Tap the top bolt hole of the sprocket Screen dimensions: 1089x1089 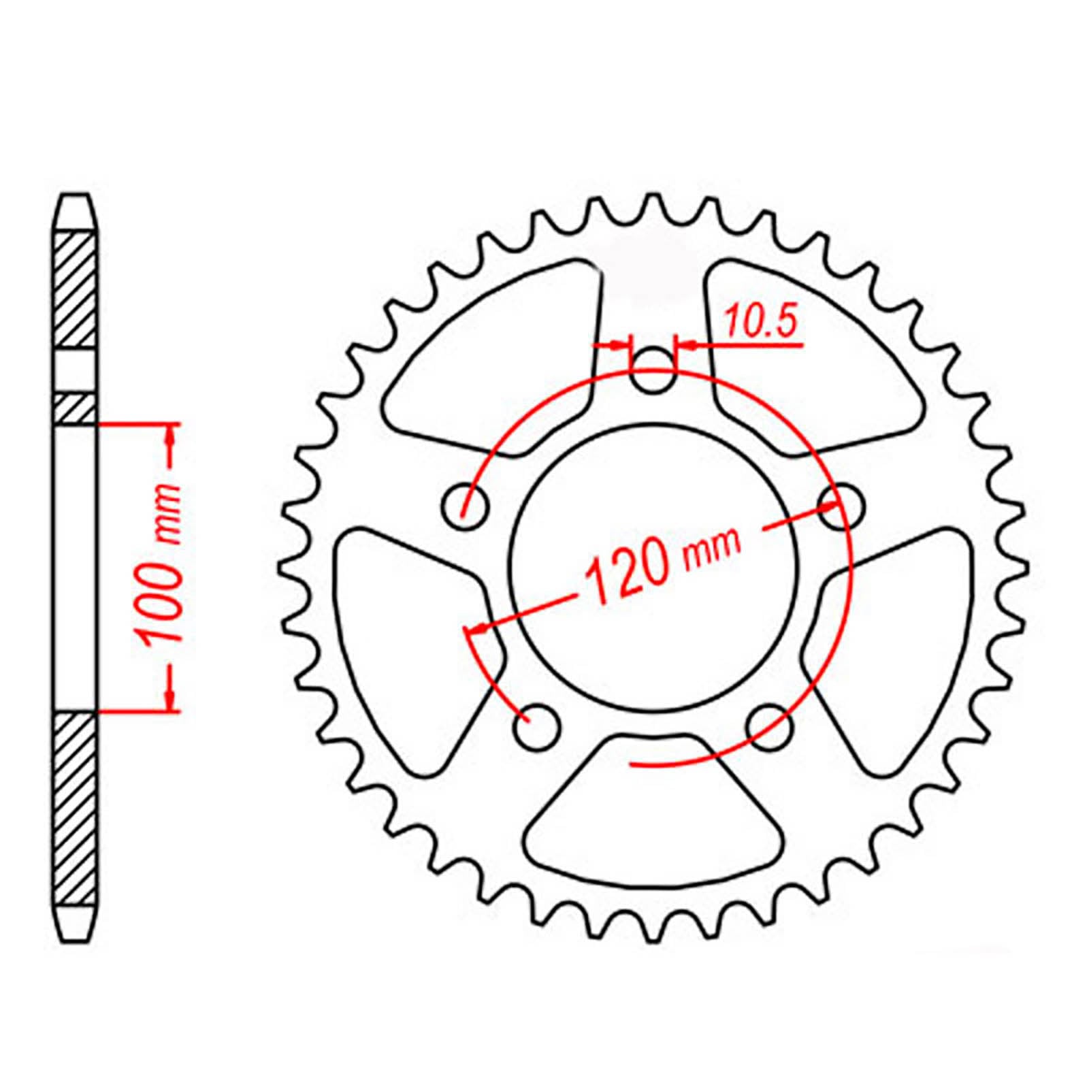[653, 372]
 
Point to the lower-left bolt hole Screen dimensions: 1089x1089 [538, 727]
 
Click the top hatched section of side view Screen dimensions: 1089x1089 [74, 290]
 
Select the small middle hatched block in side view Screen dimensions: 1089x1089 [74, 408]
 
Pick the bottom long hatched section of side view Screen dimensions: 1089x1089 [74, 810]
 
